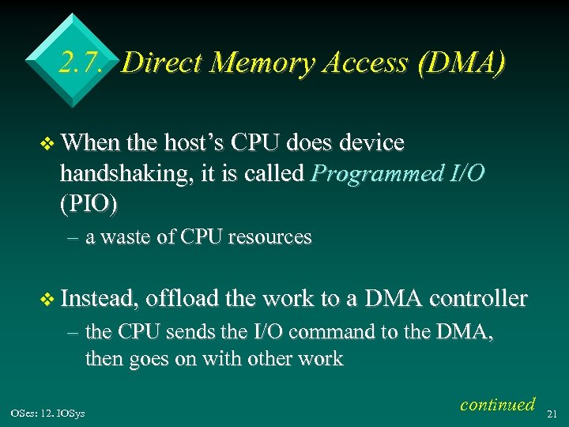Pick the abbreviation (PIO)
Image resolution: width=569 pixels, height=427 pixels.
coord(89,204)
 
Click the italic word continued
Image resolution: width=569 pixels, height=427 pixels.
coord(497,404)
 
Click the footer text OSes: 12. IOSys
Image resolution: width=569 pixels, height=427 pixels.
coord(47,412)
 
